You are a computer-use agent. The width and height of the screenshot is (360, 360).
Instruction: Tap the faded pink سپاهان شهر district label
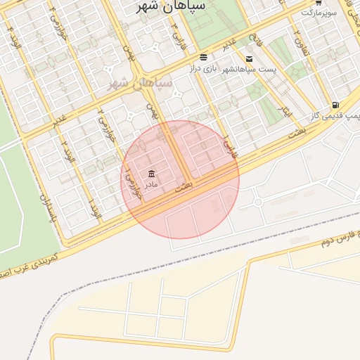(139, 84)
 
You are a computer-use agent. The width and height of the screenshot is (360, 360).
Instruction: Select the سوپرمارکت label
(321, 13)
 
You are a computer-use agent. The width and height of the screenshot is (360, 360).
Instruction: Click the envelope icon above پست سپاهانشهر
(249, 58)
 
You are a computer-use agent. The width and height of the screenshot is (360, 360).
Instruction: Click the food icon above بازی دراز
(203, 57)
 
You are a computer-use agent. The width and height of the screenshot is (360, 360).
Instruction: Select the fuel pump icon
(335, 105)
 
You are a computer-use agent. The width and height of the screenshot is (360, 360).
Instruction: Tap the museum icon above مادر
(151, 174)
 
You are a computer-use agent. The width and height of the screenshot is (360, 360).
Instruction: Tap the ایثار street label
(285, 111)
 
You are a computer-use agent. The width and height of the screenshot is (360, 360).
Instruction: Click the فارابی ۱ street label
(229, 146)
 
